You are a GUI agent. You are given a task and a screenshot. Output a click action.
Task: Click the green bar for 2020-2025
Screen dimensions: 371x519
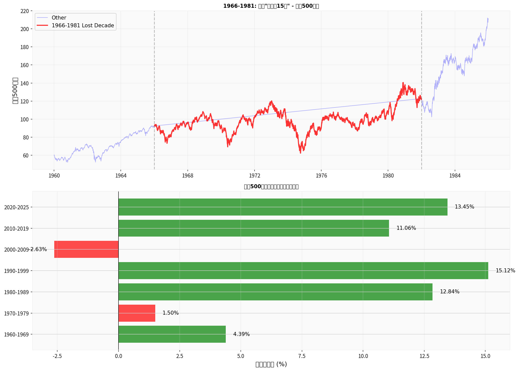283,207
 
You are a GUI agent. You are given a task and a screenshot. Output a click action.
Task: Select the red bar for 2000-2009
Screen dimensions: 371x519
86,249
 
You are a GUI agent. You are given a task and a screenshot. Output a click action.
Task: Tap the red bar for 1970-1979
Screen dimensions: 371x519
137,313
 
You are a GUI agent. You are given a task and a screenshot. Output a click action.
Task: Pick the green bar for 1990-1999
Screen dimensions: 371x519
303,271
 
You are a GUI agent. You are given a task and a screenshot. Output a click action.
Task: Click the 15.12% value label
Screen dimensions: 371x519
505,271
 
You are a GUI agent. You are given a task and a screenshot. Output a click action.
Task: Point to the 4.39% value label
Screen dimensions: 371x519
241,334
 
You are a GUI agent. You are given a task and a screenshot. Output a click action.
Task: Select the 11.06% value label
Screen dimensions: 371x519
406,228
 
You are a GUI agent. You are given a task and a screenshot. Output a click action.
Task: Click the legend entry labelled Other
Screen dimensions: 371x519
59,18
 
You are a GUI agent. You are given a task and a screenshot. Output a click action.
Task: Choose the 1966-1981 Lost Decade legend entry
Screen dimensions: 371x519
82,26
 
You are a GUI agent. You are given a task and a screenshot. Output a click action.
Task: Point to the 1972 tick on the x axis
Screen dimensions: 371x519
254,175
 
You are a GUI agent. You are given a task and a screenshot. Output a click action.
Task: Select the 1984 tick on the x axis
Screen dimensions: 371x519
455,175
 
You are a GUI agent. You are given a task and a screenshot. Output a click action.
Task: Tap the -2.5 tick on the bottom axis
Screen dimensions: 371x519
57,356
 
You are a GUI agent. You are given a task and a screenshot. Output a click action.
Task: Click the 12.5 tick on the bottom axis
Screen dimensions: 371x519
424,356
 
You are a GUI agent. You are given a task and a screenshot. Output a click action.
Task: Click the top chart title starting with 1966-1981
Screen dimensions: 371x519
271,6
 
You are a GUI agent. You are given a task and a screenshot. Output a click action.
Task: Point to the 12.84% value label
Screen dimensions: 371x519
449,292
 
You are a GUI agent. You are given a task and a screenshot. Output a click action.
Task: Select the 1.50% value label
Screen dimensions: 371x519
170,313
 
